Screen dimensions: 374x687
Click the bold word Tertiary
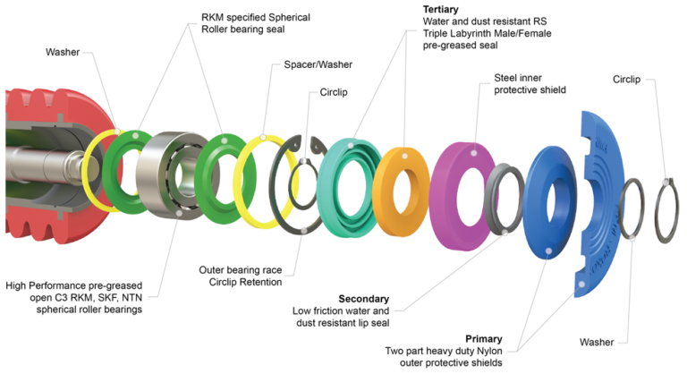click(x=440, y=10)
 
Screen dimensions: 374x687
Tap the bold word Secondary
click(x=364, y=298)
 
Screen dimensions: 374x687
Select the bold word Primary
click(x=484, y=339)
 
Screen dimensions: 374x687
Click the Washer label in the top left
click(x=64, y=51)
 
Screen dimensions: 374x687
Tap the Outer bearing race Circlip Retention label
click(x=240, y=275)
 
